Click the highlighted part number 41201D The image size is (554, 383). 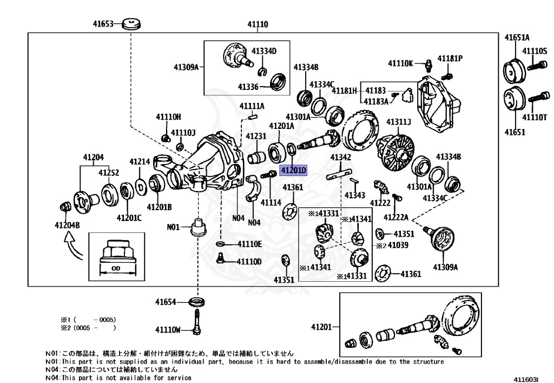(293, 171)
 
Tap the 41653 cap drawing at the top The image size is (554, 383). (131, 24)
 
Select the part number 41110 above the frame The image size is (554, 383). (258, 24)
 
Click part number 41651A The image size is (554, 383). (517, 37)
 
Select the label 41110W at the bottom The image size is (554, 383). (168, 329)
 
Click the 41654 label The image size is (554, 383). (166, 302)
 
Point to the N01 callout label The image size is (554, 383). (173, 227)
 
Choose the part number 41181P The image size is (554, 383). (450, 58)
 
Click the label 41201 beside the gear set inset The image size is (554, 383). (321, 327)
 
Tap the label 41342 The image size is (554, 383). (341, 157)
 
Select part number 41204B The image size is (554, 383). (67, 225)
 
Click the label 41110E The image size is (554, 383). (249, 244)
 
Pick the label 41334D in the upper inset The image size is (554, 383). (264, 51)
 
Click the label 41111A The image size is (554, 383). (252, 106)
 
